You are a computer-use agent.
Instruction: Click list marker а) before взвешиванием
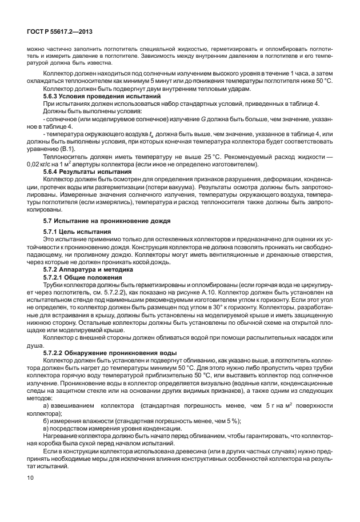pos(47,405)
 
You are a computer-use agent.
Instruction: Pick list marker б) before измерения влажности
pos(47,421)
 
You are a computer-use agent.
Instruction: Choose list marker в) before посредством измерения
pos(47,428)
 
